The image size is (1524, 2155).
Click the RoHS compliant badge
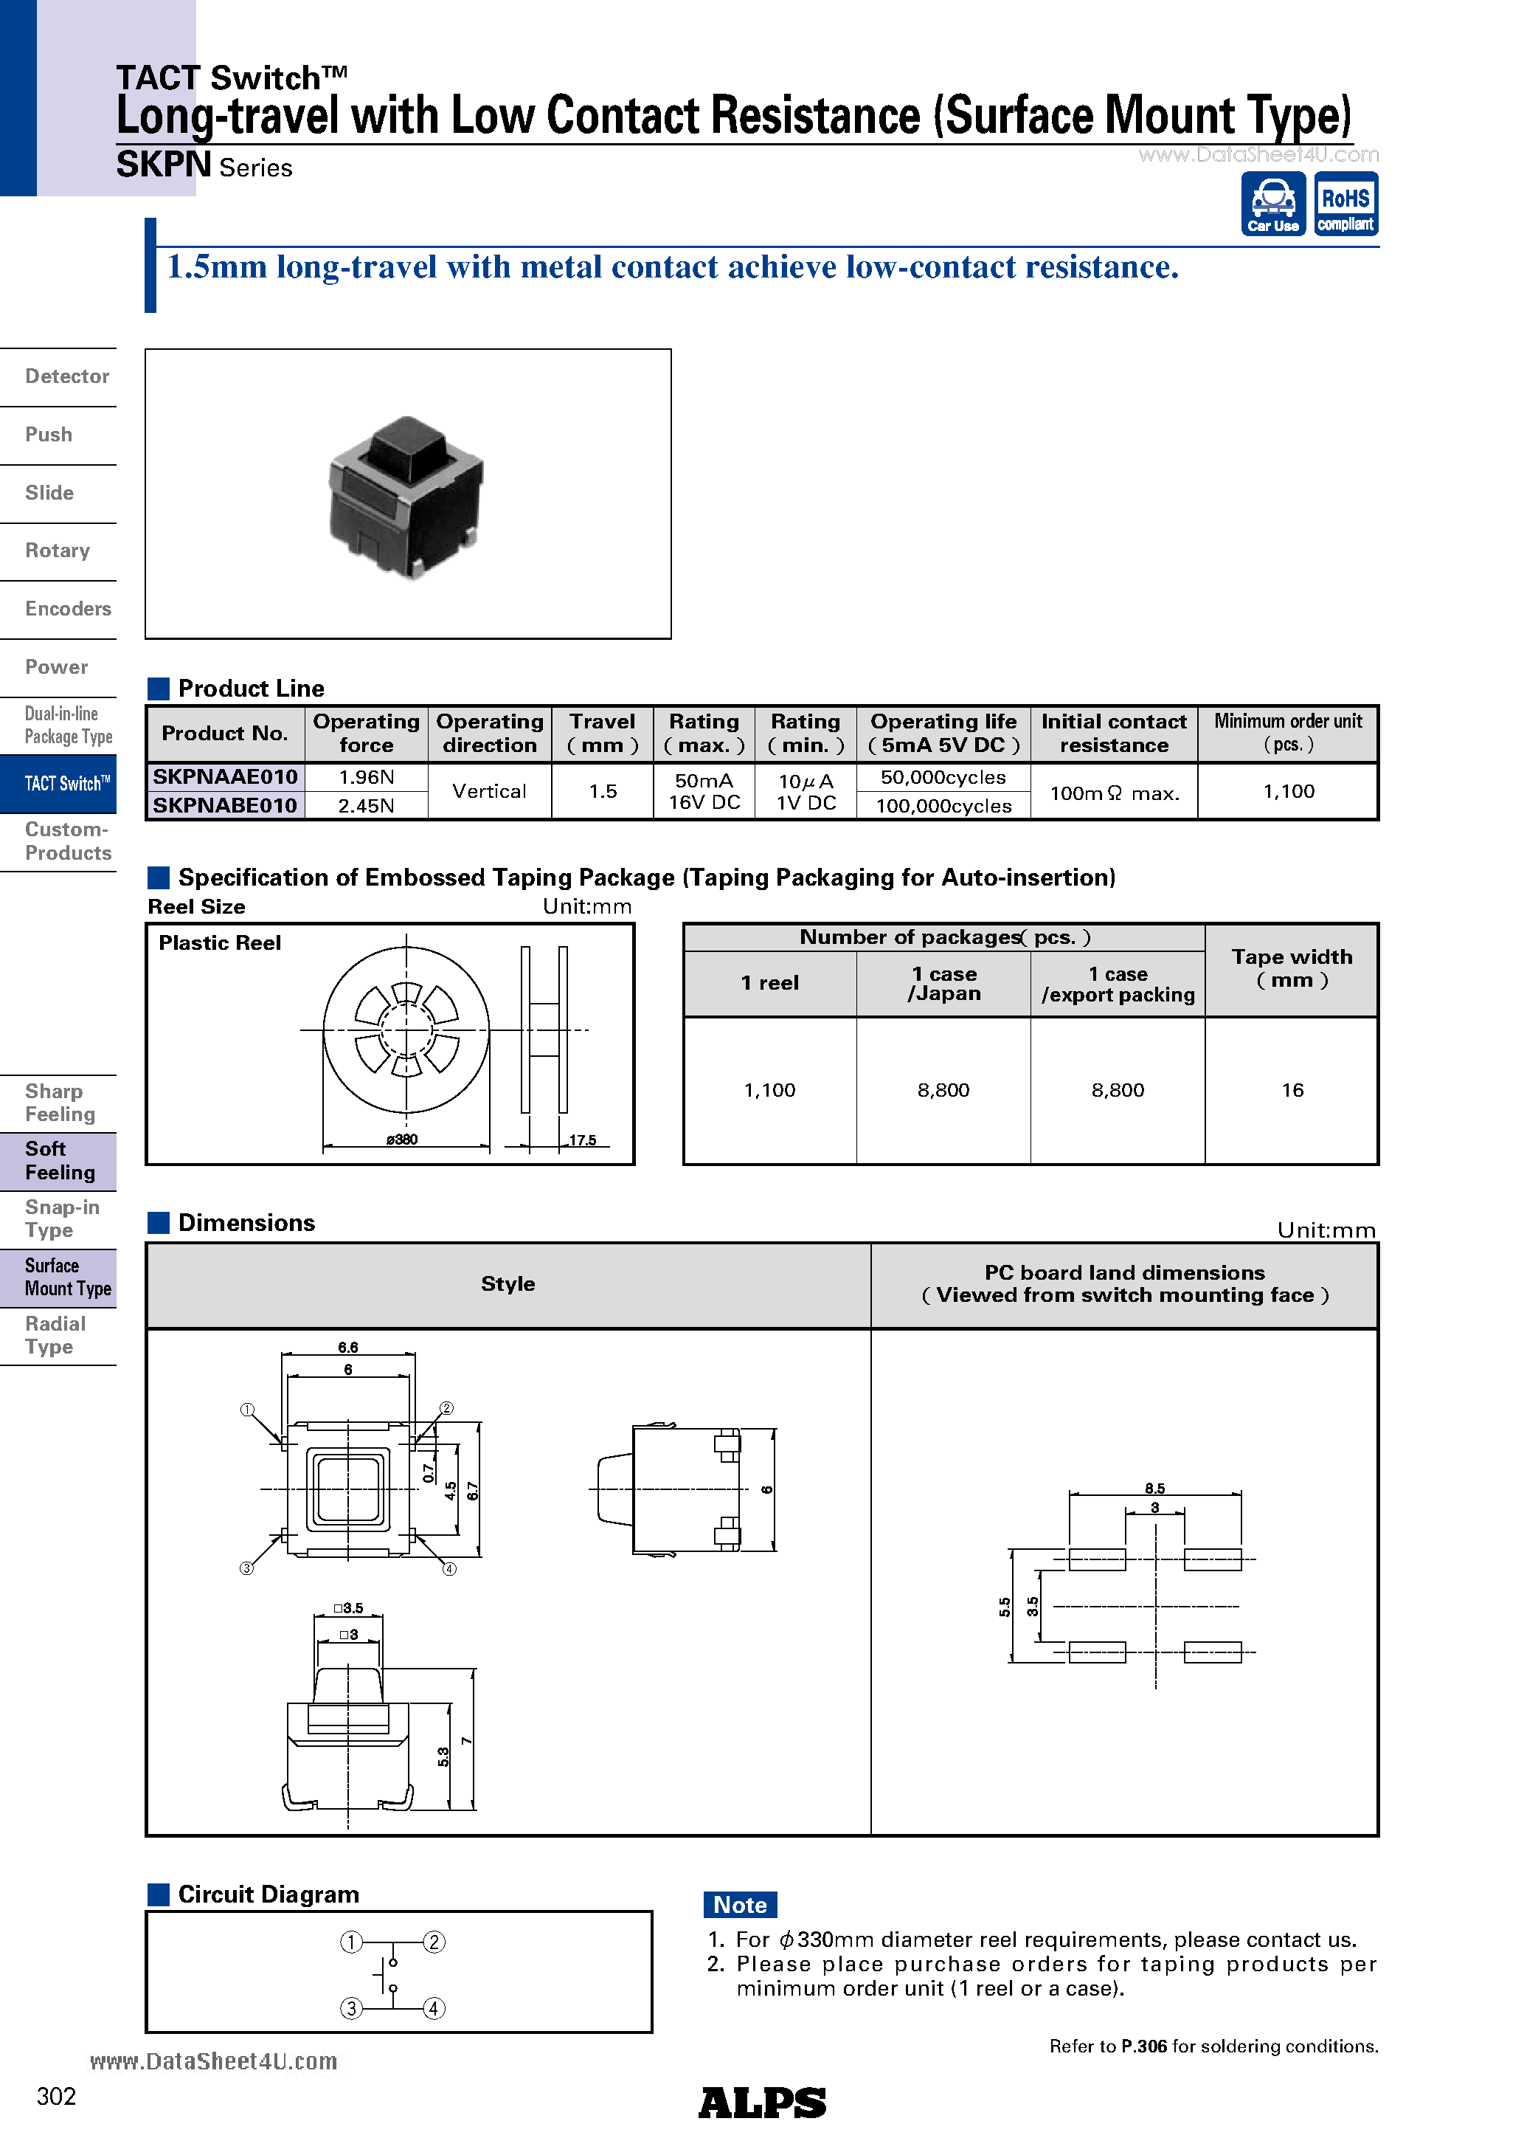(x=1345, y=204)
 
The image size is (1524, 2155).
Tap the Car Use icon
(x=1272, y=204)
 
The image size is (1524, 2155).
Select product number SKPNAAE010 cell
(x=225, y=777)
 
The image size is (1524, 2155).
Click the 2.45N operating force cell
(x=366, y=805)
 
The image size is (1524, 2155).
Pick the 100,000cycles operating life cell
(x=943, y=805)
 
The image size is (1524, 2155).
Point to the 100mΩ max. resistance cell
(x=1114, y=793)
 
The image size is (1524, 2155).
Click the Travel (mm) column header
(x=603, y=733)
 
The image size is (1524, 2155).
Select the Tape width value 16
(x=1292, y=1090)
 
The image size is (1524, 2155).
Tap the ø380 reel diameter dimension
(x=401, y=1139)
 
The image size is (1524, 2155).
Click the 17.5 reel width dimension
(x=582, y=1140)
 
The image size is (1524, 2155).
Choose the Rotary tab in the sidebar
(x=58, y=551)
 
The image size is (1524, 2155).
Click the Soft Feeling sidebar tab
(x=59, y=1161)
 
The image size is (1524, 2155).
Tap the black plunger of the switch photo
(x=406, y=445)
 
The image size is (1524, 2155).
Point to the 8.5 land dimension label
(x=1154, y=1489)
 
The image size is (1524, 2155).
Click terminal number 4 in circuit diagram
(x=434, y=2009)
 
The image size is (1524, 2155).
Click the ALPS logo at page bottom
(x=762, y=2103)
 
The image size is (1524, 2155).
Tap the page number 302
(x=56, y=2097)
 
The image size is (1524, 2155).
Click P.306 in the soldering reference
(x=1144, y=2046)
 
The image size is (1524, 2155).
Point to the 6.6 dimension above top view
(x=348, y=1347)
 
